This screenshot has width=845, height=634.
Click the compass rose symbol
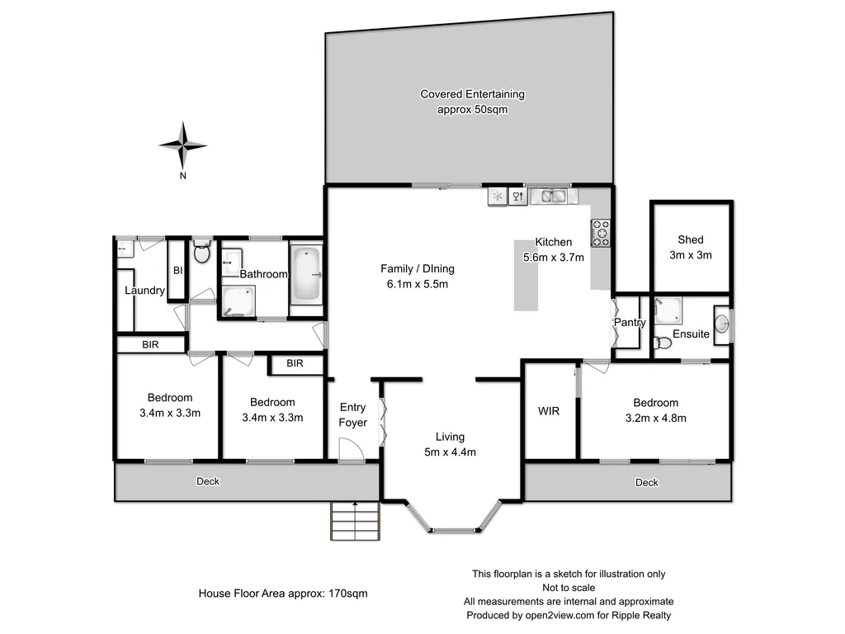(x=182, y=145)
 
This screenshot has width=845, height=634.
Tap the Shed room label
(x=690, y=240)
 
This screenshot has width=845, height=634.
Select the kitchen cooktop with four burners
(x=600, y=233)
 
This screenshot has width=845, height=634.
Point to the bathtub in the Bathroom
(x=307, y=274)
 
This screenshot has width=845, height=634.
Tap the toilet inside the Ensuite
(x=663, y=342)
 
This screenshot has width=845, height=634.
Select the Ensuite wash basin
(x=720, y=324)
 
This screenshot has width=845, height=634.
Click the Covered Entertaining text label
(x=472, y=94)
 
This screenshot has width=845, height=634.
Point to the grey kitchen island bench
(x=526, y=275)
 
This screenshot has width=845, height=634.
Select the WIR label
(x=549, y=410)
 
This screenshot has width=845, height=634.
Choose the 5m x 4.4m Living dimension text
(x=451, y=452)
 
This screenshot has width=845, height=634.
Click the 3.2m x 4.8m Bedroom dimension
(x=655, y=418)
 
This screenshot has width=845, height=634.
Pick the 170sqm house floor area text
(x=283, y=593)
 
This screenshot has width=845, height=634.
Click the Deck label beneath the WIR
(x=647, y=482)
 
